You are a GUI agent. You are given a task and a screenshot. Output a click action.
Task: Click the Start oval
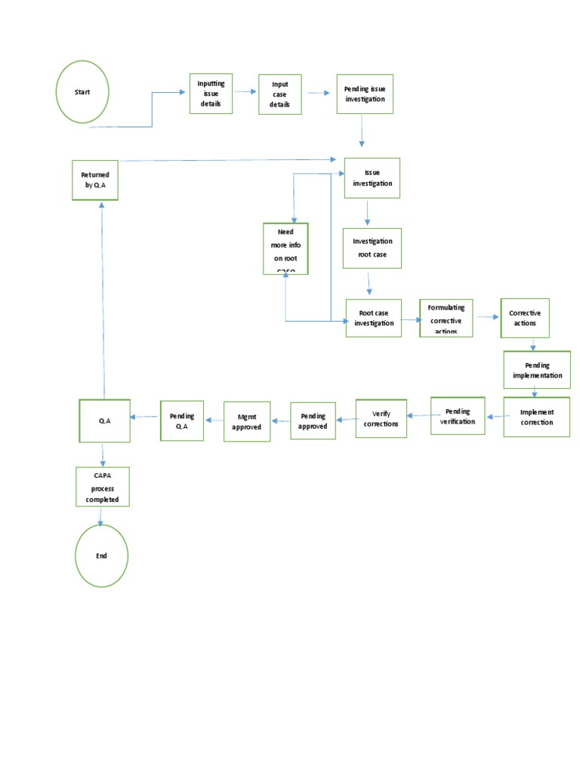pyautogui.click(x=82, y=92)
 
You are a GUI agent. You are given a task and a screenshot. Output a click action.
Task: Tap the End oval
pyautogui.click(x=102, y=556)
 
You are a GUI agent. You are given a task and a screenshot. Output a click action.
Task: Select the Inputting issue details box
pyautogui.click(x=211, y=94)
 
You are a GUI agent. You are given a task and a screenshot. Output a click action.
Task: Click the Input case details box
pyautogui.click(x=280, y=94)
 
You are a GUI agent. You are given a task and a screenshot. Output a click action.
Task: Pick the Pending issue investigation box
pyautogui.click(x=365, y=94)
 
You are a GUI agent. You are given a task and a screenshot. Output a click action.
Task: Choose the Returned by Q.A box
pyautogui.click(x=95, y=180)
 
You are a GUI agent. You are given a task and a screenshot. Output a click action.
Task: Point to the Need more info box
pyautogui.click(x=285, y=248)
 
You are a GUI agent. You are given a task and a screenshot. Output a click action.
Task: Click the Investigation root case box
pyautogui.click(x=373, y=248)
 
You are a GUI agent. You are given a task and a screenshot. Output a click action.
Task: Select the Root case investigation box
pyautogui.click(x=375, y=318)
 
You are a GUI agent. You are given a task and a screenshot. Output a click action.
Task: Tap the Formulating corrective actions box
pyautogui.click(x=446, y=318)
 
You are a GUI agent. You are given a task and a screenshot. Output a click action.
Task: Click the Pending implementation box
pyautogui.click(x=537, y=370)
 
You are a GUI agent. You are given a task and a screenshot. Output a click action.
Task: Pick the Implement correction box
pyautogui.click(x=537, y=417)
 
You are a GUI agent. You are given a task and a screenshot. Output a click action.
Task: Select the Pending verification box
pyautogui.click(x=458, y=417)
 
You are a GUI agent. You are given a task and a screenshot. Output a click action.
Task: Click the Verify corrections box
pyautogui.click(x=381, y=418)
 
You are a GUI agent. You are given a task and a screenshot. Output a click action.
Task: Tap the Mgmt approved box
pyautogui.click(x=248, y=421)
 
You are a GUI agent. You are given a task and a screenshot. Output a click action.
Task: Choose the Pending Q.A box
pyautogui.click(x=182, y=420)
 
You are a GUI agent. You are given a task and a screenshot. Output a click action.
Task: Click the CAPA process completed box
pyautogui.click(x=102, y=487)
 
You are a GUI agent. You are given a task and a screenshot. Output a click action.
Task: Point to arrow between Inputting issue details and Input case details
pyautogui.click(x=245, y=92)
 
